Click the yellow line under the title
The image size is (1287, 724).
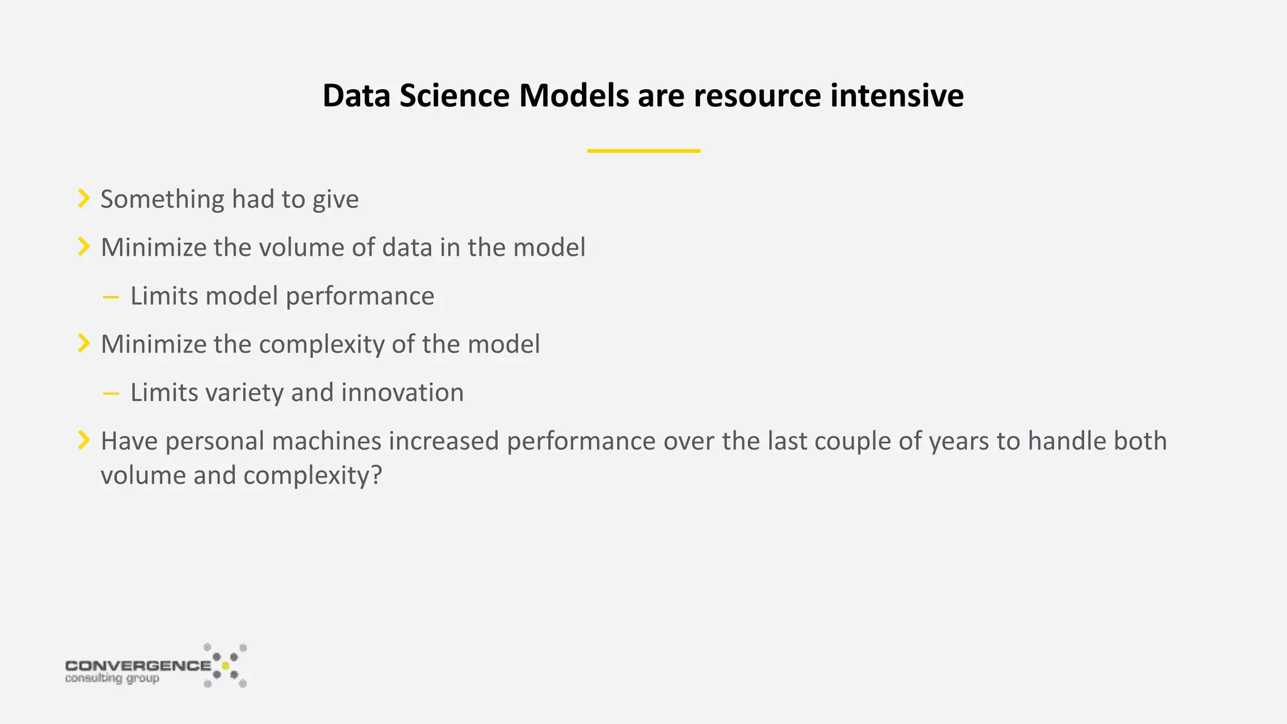[643, 151]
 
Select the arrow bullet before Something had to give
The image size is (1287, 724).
[84, 199]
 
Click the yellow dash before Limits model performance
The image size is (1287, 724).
[111, 297]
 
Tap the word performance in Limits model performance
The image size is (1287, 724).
[359, 297]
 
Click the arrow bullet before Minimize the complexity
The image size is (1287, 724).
[84, 344]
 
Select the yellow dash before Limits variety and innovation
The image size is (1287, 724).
[111, 394]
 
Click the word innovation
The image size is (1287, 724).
[402, 393]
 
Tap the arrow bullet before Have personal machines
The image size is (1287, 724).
[84, 441]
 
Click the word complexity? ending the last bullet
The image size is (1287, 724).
[312, 476]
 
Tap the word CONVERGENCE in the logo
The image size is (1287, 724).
[138, 666]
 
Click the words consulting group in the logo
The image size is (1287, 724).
[112, 679]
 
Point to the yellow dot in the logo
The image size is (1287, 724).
[225, 666]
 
